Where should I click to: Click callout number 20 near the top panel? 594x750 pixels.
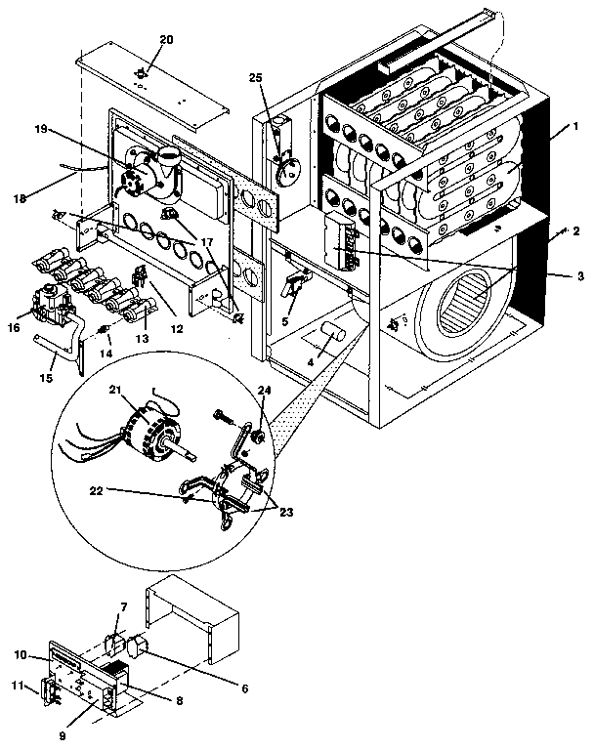point(165,39)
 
